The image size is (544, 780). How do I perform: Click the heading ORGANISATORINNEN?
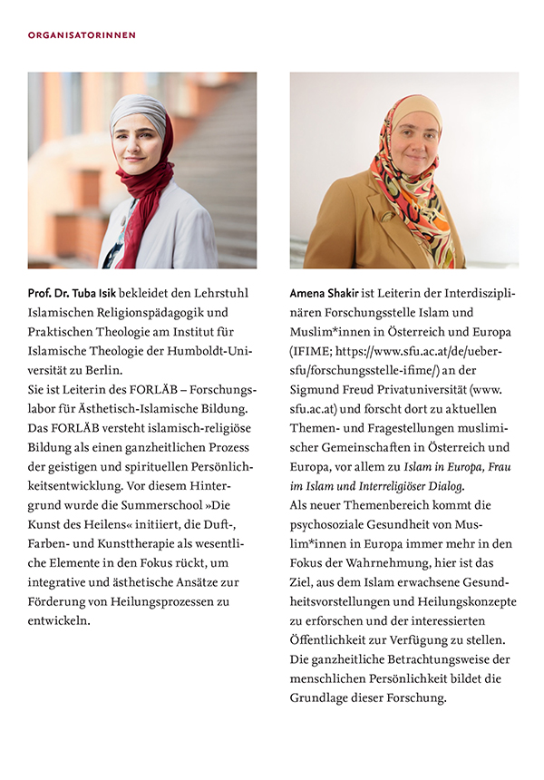82,35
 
